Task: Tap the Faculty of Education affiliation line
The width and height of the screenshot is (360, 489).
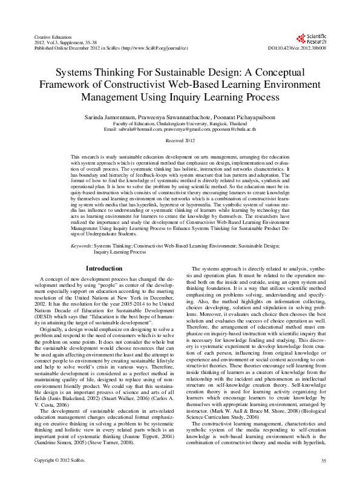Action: pos(180,122)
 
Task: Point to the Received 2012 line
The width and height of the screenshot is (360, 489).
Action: pos(180,140)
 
